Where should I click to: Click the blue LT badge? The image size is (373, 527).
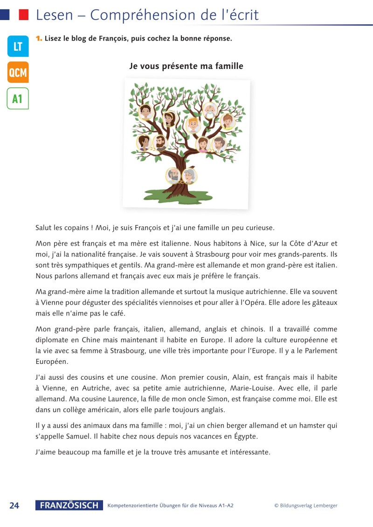point(18,46)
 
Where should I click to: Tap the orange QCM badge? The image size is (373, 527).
point(18,72)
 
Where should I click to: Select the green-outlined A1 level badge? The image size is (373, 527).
point(18,98)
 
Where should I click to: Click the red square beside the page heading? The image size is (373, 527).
point(23,15)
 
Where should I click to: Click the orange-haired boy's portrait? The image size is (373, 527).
point(193,125)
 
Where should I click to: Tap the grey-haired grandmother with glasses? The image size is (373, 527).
point(189,176)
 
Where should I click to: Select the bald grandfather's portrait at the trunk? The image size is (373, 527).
point(173,176)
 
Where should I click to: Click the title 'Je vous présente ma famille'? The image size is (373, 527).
point(186,66)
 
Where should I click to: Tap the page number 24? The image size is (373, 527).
point(14,506)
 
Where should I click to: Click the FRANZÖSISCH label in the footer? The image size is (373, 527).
point(69,506)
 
